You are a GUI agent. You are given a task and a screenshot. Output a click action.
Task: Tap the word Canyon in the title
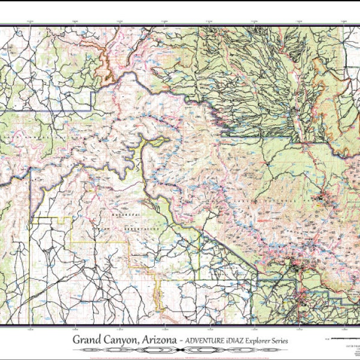click(122, 340)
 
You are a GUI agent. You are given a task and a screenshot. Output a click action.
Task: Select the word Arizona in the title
click(160, 340)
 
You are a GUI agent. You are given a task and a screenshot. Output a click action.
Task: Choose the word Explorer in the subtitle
click(265, 340)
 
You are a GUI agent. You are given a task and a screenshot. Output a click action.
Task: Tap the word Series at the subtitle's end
click(290, 340)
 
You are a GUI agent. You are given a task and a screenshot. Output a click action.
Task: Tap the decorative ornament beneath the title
click(180, 350)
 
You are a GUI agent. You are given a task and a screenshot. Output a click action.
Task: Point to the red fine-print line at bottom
click(180, 356)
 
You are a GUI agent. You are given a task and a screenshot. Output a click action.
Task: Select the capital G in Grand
click(77, 340)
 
